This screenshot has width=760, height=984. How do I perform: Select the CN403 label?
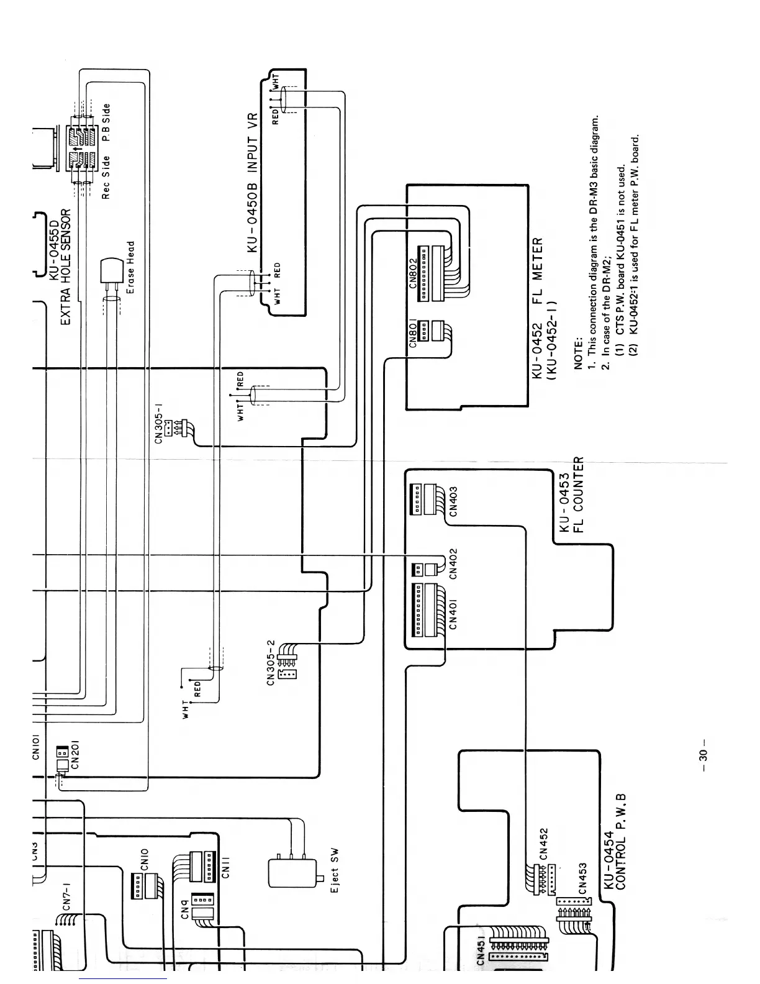tap(453, 501)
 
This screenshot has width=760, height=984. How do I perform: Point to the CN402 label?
tap(453, 563)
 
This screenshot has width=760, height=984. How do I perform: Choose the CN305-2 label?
tap(271, 663)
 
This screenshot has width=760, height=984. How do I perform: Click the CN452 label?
tap(544, 843)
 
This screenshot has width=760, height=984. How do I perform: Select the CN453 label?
tap(583, 878)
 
